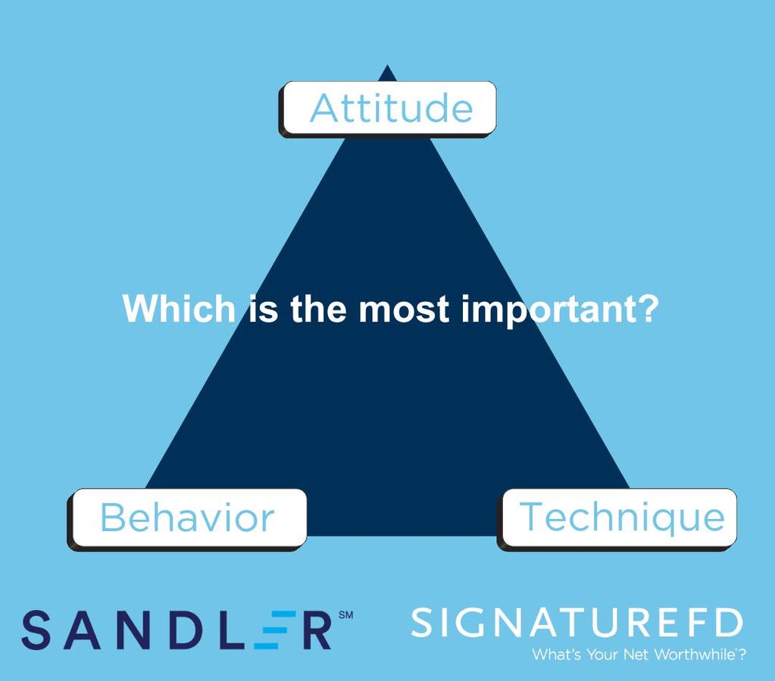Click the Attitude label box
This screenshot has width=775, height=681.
(x=388, y=109)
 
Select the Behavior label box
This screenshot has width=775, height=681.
(x=187, y=519)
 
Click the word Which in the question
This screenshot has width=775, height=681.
(x=179, y=309)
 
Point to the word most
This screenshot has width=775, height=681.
(x=404, y=309)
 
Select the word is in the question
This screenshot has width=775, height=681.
(x=263, y=309)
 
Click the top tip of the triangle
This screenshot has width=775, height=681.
(x=388, y=64)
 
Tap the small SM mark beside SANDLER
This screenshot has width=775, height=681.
(x=346, y=615)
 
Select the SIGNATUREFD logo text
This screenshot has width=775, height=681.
(x=577, y=623)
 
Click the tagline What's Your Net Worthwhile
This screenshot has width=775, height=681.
(x=639, y=655)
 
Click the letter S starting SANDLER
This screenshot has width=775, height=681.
(x=36, y=630)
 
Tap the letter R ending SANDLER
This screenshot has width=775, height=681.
(x=317, y=630)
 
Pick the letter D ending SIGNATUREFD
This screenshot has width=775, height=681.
(x=729, y=623)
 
